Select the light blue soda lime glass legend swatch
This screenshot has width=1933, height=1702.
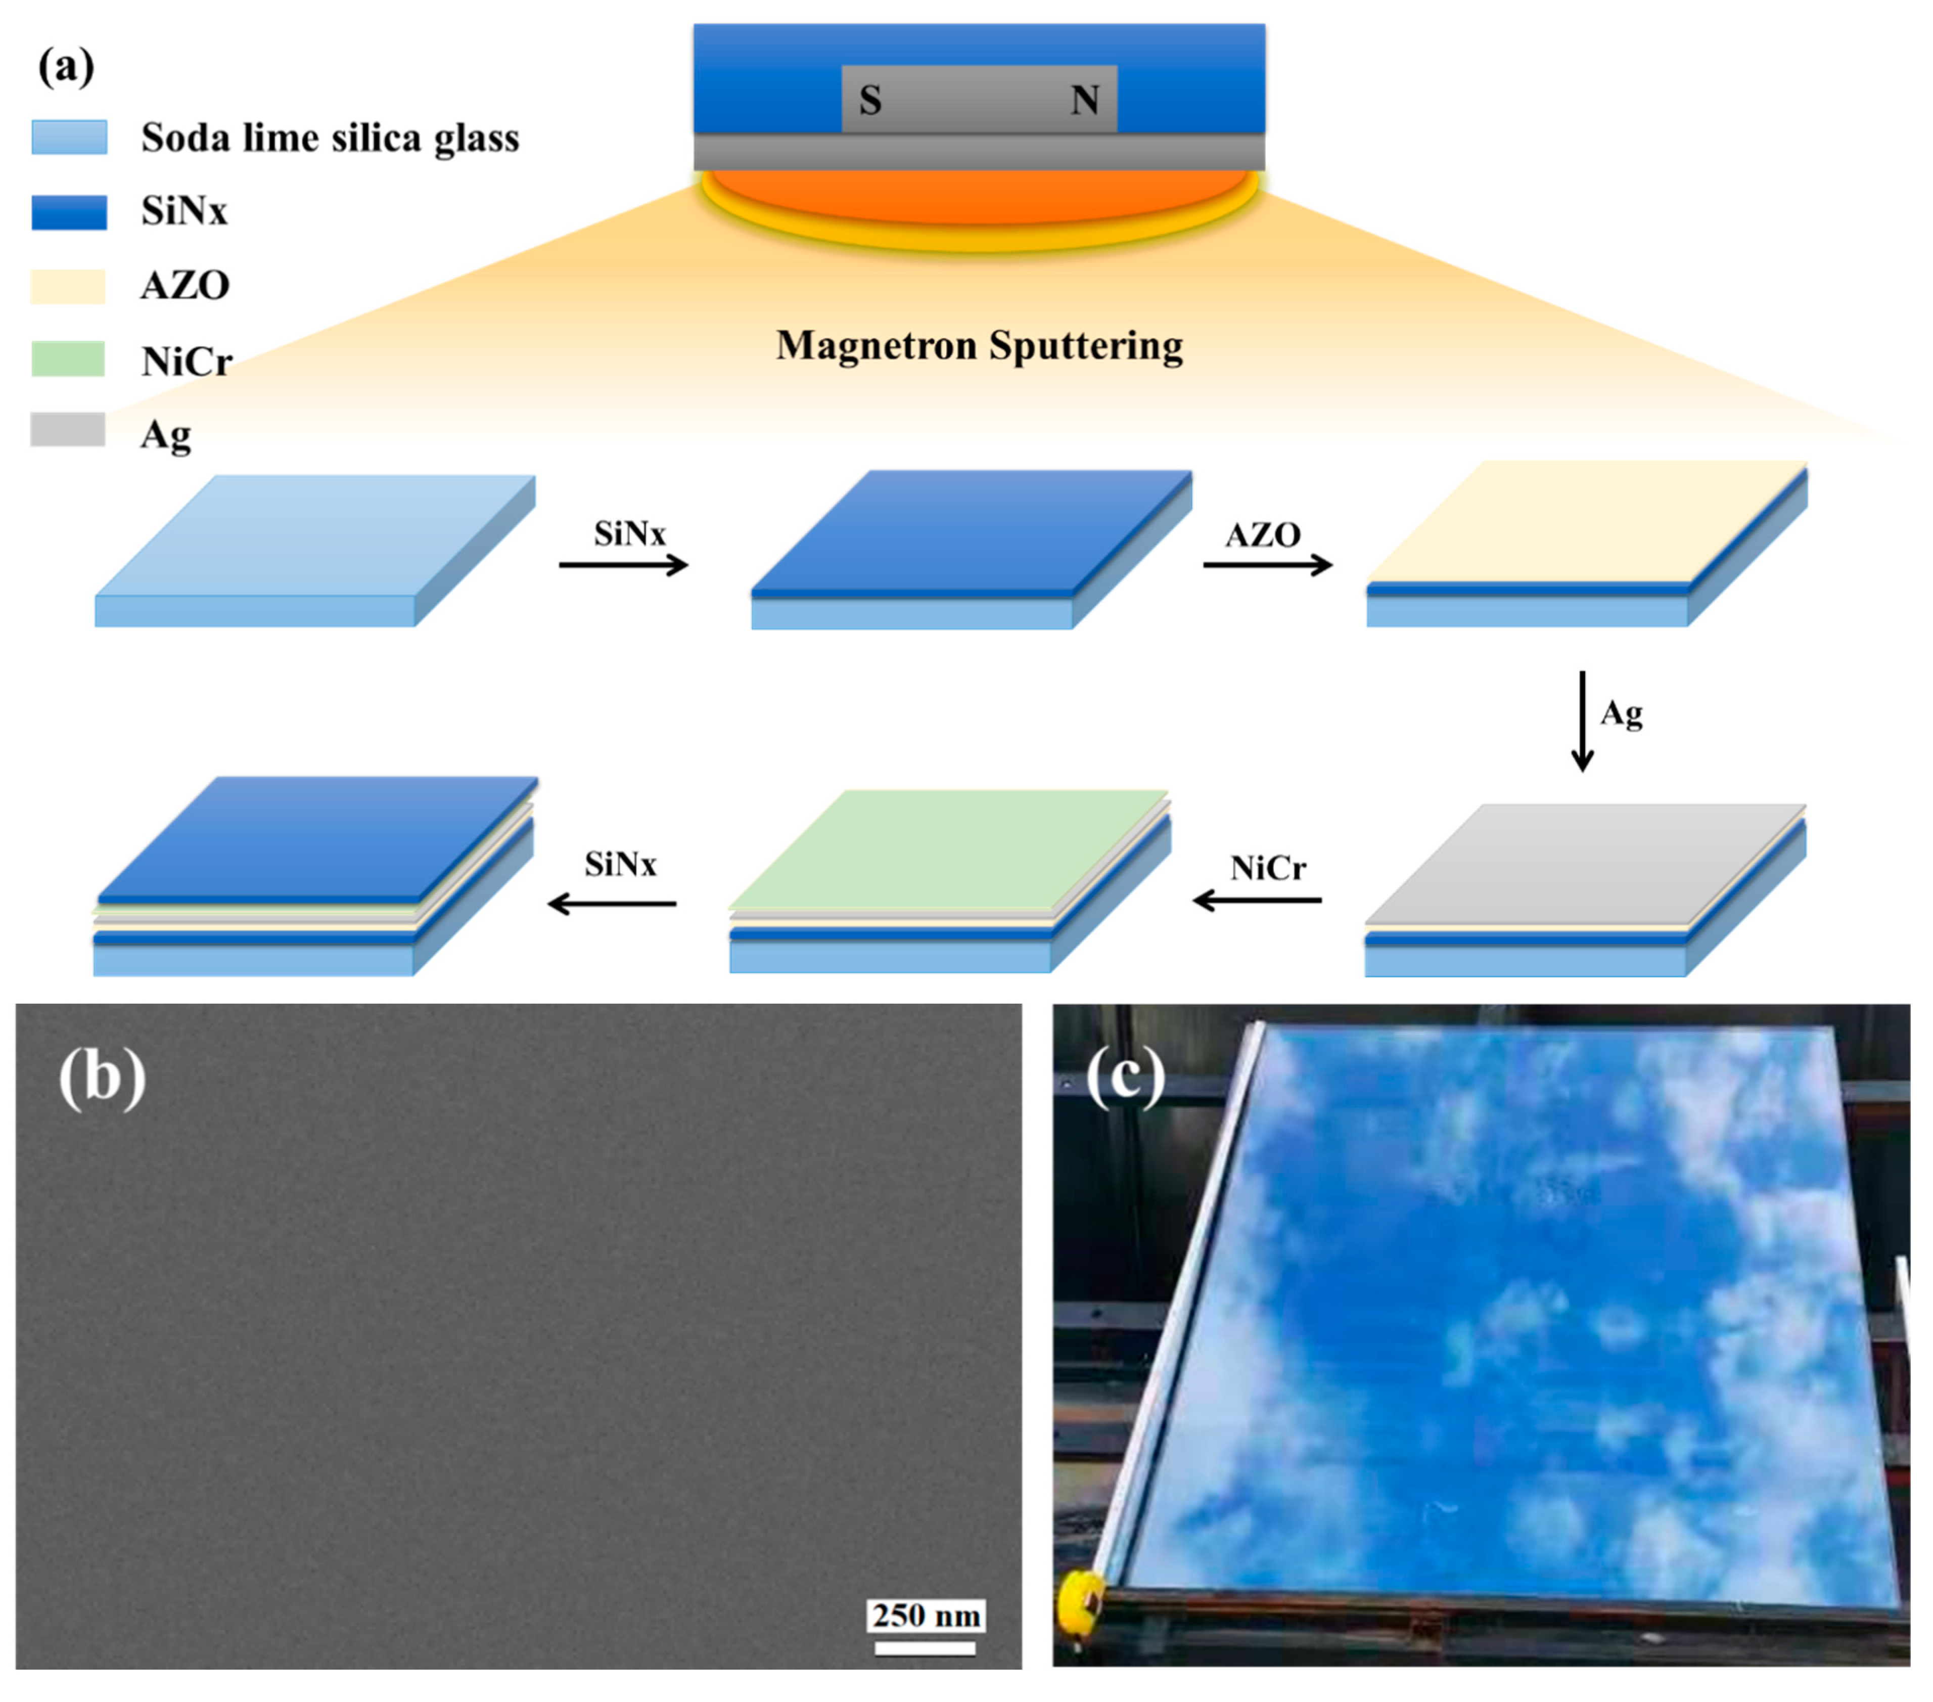[x=69, y=137]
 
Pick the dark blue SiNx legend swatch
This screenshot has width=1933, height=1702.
[x=69, y=212]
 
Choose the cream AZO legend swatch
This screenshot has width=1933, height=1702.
[x=68, y=286]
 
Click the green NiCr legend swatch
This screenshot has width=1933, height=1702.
[x=68, y=360]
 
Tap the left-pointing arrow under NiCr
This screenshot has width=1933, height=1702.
[x=1258, y=900]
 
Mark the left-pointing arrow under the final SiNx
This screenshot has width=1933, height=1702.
[x=613, y=904]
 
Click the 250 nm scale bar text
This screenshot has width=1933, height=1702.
[x=926, y=1615]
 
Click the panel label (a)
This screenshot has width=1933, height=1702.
[x=66, y=66]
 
